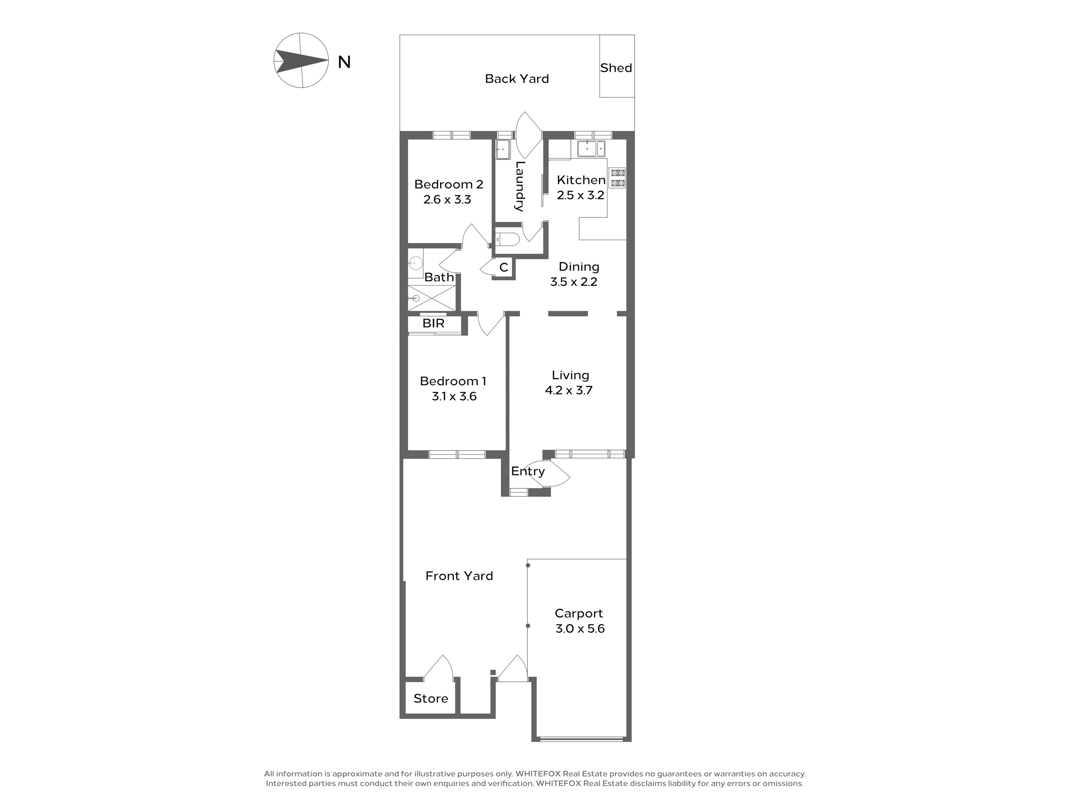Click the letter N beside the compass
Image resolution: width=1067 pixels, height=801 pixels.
[344, 62]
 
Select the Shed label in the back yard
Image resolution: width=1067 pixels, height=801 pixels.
[616, 68]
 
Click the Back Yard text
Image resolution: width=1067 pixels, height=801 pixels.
[517, 79]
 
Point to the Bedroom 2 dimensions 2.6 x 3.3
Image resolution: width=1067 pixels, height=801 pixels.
[447, 199]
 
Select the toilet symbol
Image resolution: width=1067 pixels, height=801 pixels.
[507, 239]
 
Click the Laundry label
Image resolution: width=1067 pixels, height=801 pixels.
[519, 186]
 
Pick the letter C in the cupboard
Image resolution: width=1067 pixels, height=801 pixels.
[503, 268]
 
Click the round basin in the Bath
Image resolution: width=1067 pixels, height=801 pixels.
[415, 263]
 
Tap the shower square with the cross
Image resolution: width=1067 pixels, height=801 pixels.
[432, 298]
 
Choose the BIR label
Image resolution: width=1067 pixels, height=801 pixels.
[433, 323]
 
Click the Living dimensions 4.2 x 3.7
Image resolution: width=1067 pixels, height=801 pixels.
[569, 390]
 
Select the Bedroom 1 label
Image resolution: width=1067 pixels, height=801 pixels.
[453, 381]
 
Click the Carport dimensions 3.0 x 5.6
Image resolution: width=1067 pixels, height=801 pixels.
[580, 629]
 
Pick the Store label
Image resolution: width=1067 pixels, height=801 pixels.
[431, 699]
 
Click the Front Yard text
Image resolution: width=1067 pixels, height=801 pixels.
[459, 576]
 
